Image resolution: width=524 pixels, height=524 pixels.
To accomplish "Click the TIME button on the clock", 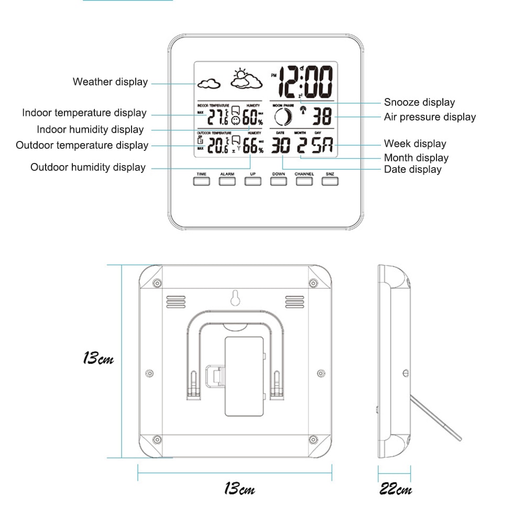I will [201, 181].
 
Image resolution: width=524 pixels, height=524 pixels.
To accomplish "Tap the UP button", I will [253, 181].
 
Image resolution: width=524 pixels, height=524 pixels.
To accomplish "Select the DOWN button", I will [278, 181].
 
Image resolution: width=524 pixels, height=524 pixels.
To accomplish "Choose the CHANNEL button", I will [304, 181].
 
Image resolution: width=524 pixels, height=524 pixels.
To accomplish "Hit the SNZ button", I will [330, 181].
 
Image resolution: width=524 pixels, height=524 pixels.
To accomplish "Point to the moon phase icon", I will [282, 117].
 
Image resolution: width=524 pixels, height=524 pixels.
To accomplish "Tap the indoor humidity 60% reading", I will [252, 118].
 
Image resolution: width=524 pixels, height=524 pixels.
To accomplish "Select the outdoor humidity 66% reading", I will [252, 146].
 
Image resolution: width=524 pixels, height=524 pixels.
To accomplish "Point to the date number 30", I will [280, 146].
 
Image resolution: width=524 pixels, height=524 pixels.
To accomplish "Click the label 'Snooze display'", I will [419, 102].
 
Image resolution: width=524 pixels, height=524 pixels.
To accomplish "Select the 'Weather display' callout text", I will [110, 82].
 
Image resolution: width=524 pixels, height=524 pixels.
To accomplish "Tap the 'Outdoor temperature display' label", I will [82, 145].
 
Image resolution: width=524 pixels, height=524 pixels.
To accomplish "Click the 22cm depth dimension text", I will [396, 489].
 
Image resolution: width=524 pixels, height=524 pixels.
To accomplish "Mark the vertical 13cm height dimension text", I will [98, 359].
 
